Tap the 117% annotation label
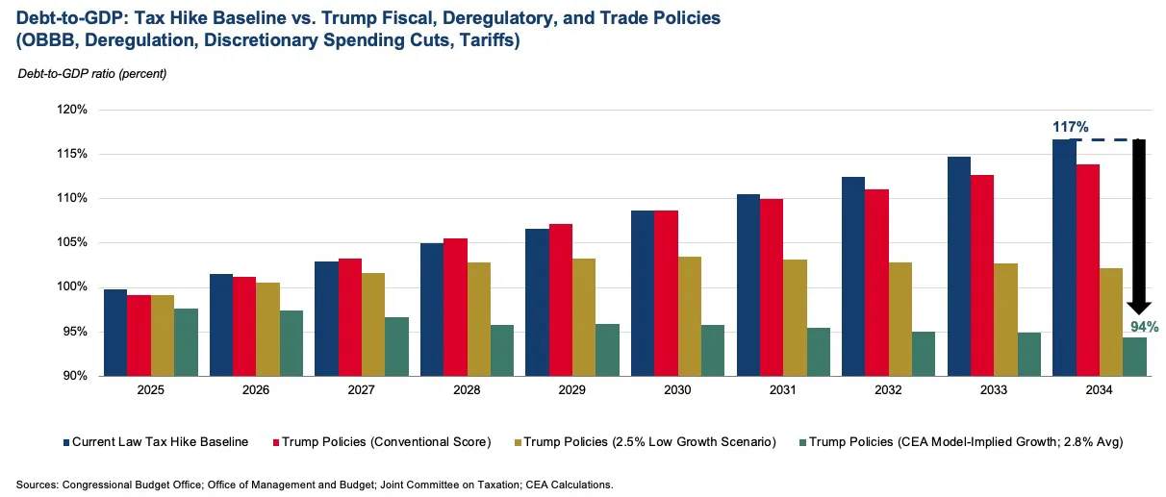coord(1069,127)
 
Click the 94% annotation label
coord(1144,327)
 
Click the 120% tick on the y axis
coord(74,110)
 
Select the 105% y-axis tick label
coord(74,243)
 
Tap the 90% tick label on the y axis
coord(77,376)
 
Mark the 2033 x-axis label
coord(994,391)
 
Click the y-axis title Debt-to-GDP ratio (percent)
coord(91,74)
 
